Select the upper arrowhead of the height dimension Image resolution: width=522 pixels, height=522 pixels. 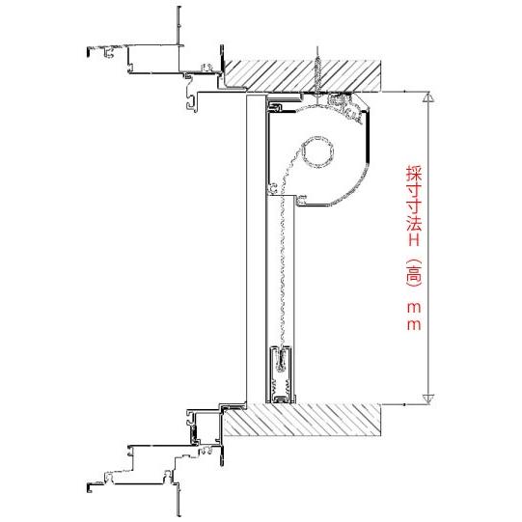[x=428, y=97]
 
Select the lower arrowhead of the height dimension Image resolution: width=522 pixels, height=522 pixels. [x=428, y=397]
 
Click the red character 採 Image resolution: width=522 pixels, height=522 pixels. [x=412, y=175]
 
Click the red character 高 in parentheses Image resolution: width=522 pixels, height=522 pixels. [x=412, y=276]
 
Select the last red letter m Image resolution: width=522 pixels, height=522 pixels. [x=412, y=325]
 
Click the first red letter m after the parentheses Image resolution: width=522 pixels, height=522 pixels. [x=412, y=307]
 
